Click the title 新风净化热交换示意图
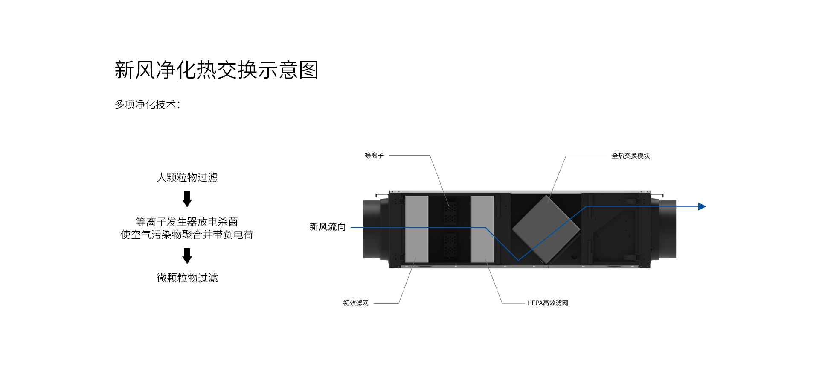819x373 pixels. (x=216, y=70)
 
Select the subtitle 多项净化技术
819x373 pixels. (x=147, y=104)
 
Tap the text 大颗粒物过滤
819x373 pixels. (x=187, y=177)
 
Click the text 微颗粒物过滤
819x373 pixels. (x=187, y=278)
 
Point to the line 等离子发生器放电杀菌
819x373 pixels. (x=187, y=222)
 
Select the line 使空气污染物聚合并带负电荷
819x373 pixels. (x=187, y=235)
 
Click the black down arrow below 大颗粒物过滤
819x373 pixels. (x=187, y=199)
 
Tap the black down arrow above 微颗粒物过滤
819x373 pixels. (x=187, y=256)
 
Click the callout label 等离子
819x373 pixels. (x=374, y=156)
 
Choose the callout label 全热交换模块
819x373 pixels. (x=630, y=156)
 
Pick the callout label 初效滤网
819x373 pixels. (x=356, y=303)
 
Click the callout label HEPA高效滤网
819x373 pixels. (x=548, y=303)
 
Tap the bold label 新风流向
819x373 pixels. (x=328, y=227)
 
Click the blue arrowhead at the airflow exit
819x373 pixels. (x=702, y=206)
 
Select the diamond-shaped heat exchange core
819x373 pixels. (x=546, y=229)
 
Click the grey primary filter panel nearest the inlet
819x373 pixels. (x=416, y=229)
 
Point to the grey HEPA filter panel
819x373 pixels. (x=482, y=229)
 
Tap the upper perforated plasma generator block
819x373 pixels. (x=450, y=213)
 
